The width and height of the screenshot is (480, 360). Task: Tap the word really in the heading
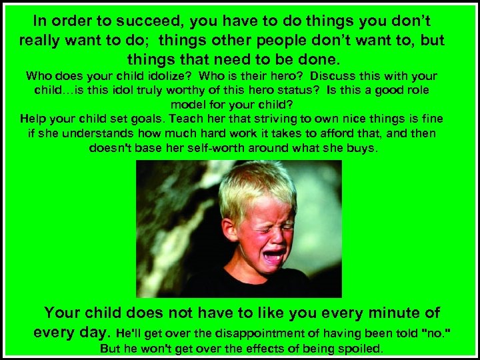45,40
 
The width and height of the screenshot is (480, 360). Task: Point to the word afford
345,133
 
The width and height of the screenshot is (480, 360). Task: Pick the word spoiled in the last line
358,348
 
